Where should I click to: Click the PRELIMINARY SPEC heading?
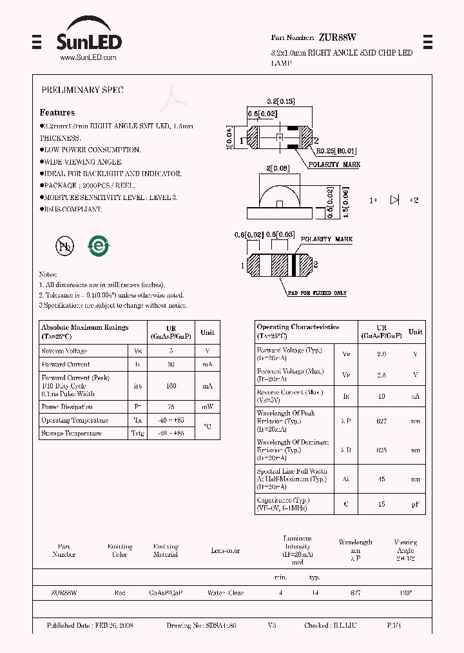pos(82,90)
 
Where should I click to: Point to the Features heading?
pos(57,112)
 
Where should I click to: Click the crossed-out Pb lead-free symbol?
pos(64,246)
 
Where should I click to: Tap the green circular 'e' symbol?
pos(99,246)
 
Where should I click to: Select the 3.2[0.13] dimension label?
pos(280,101)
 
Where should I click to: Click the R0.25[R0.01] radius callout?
pos(336,151)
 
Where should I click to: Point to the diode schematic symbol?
pos(395,200)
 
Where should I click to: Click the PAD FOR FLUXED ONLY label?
pos(317,293)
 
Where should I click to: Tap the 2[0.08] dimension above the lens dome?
pos(278,168)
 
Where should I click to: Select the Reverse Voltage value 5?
pos(171,351)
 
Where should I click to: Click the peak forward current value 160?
pos(171,386)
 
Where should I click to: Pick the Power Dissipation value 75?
pos(171,407)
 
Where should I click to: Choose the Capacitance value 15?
pos(382,504)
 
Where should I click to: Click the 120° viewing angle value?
pos(405,592)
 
